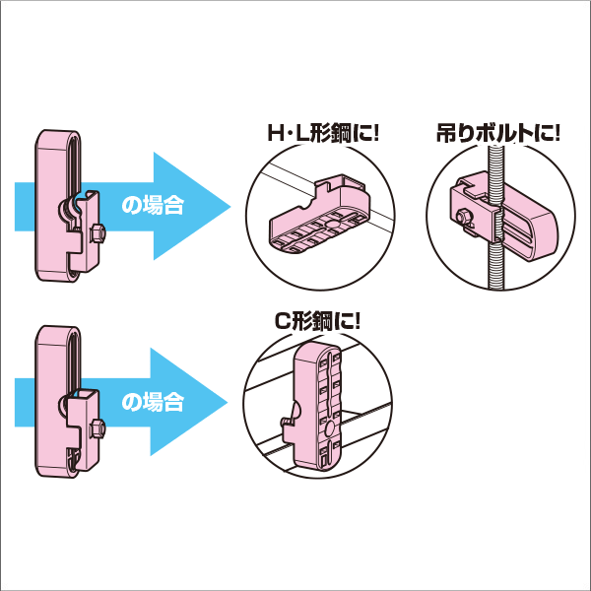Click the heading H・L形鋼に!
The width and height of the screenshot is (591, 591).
[x=323, y=134]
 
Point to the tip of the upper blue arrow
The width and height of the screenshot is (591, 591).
[x=229, y=206]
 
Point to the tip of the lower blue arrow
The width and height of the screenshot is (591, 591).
[x=229, y=401]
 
